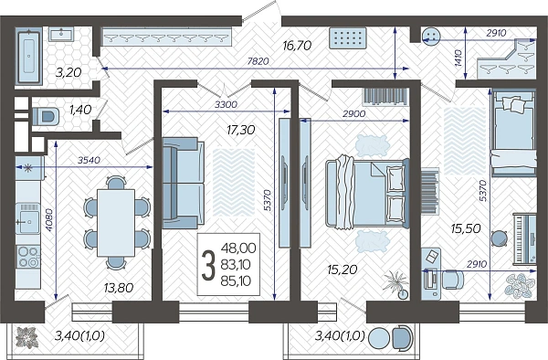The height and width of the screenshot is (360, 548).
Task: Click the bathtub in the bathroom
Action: pos(29,56)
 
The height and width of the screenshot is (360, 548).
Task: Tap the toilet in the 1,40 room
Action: pos(46,116)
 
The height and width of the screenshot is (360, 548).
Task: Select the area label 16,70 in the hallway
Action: pos(297,46)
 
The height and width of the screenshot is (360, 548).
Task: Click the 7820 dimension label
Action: pos(258,61)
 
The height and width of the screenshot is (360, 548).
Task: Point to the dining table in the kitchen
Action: pos(116,223)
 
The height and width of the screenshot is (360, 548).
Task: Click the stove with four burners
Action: pos(28,257)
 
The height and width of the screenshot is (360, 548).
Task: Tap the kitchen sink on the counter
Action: pos(28,219)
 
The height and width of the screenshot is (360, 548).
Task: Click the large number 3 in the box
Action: pos(208,266)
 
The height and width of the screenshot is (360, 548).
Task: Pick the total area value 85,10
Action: pos(236,281)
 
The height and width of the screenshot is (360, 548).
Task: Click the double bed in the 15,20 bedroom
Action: pos(367,193)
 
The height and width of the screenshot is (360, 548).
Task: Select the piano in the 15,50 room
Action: pos(524,238)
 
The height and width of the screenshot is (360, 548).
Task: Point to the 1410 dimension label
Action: pos(458,58)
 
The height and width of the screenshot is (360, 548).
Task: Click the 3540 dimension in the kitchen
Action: pos(89,161)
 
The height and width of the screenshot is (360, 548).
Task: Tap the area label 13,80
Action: pos(119,288)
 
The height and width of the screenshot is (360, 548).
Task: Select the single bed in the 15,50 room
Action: pos(513,132)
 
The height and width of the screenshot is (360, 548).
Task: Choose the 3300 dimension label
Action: pos(226,104)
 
